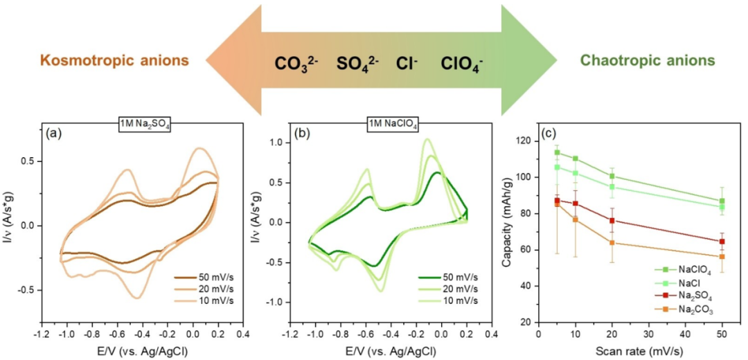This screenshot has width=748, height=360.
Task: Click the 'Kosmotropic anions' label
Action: click(114, 61)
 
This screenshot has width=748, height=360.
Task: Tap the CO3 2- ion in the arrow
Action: click(299, 64)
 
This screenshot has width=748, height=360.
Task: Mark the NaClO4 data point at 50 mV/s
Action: click(722, 201)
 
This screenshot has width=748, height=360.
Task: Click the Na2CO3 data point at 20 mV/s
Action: click(612, 243)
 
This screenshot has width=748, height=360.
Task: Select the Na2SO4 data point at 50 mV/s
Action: click(722, 242)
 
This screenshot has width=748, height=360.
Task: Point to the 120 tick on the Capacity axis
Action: click(528, 141)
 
